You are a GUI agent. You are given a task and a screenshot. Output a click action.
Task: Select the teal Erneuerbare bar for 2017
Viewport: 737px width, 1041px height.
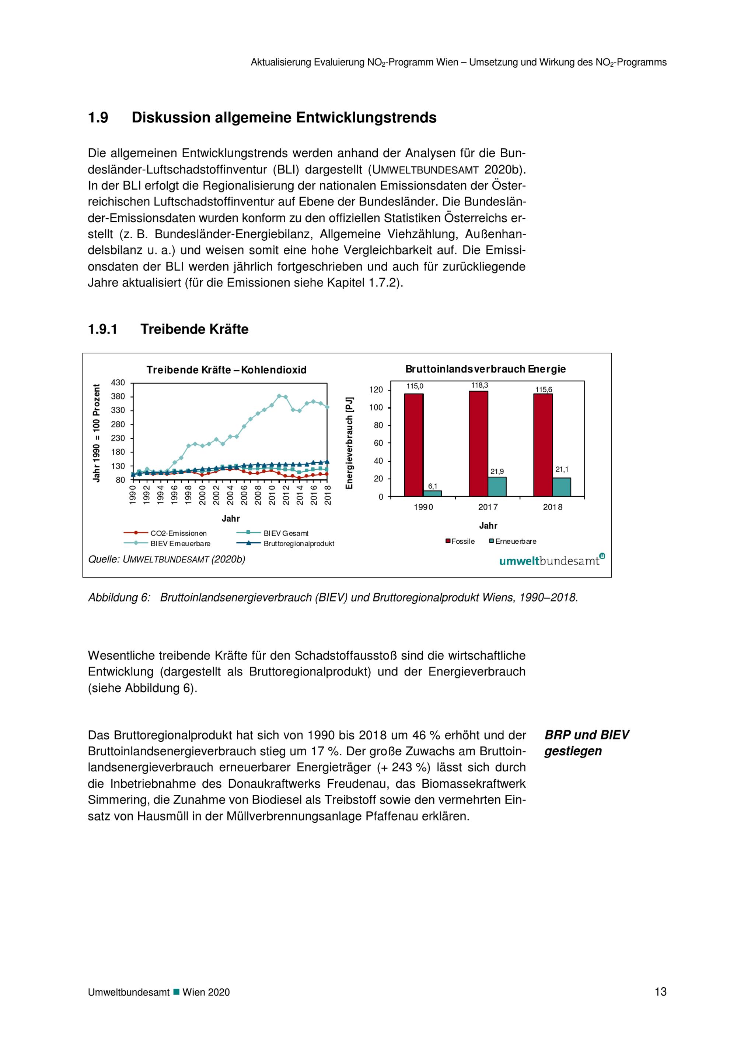coord(497,487)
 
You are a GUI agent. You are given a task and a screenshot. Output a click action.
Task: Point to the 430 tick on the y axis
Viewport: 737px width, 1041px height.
coord(118,383)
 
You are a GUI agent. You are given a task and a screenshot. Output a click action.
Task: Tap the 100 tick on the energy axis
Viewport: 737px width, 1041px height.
coord(376,407)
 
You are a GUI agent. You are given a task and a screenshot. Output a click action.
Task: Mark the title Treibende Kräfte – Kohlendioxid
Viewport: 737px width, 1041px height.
coord(227,370)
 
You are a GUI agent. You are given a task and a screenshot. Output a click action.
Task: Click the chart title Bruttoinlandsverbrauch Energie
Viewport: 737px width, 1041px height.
coord(485,369)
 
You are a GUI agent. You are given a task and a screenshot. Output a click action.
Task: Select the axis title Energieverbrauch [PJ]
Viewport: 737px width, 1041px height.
coord(349,443)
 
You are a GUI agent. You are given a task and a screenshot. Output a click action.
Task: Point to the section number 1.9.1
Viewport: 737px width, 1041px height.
coord(102,329)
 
